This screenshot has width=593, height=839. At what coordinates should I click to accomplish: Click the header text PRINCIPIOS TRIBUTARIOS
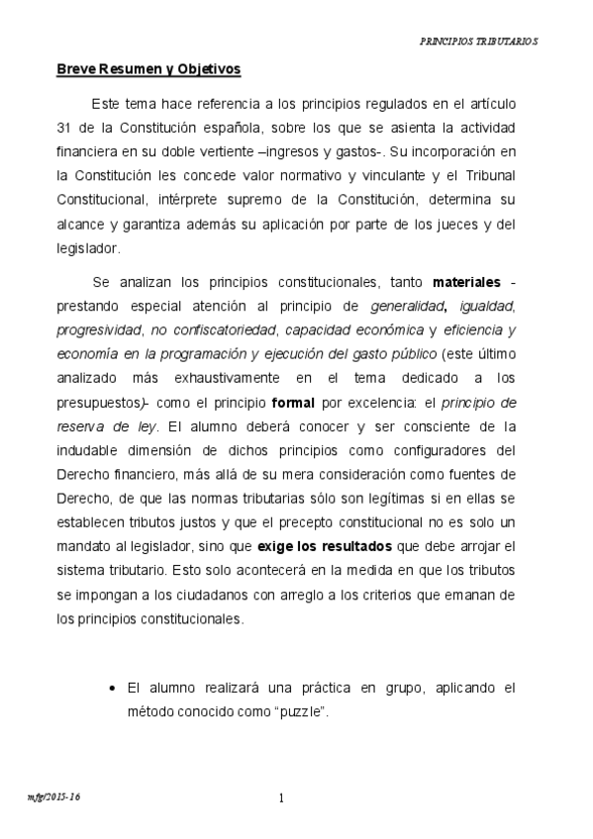coord(478,43)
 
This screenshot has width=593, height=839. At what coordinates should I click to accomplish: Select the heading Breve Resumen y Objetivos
coord(148,69)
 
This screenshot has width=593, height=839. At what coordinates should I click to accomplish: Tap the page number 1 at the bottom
coord(281,797)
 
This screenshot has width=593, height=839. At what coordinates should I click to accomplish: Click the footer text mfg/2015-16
coord(53,795)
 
